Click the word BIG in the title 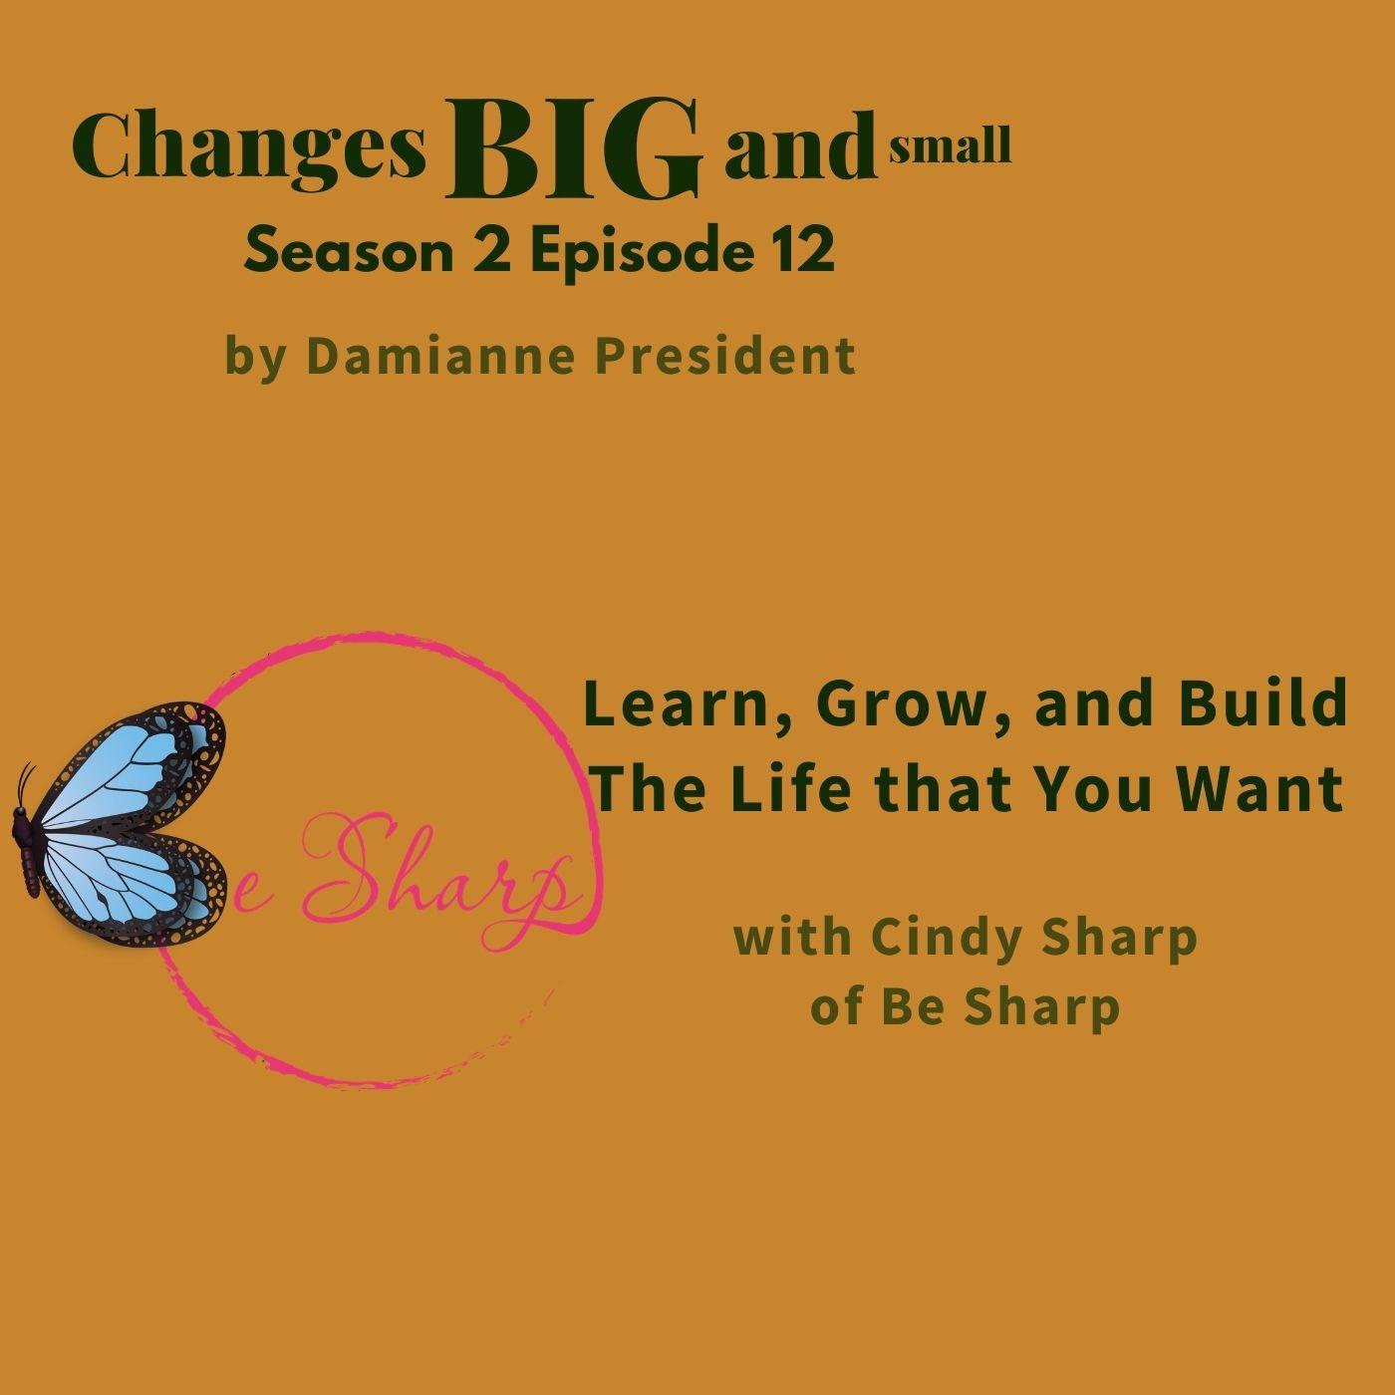click(574, 150)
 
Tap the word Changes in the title click(250, 149)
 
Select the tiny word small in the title click(950, 146)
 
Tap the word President click(725, 356)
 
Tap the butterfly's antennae click(25, 783)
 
